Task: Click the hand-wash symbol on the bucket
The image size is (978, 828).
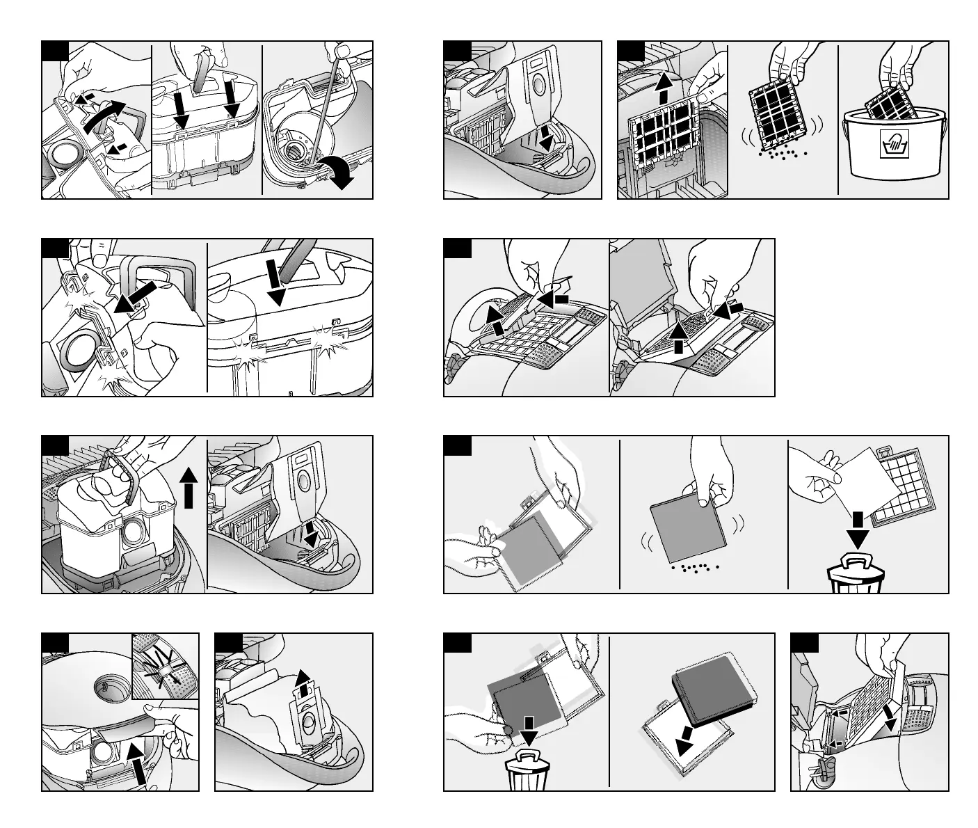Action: (x=894, y=144)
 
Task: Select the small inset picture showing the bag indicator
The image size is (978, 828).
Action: (x=165, y=666)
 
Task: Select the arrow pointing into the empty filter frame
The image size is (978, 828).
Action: (x=687, y=742)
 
